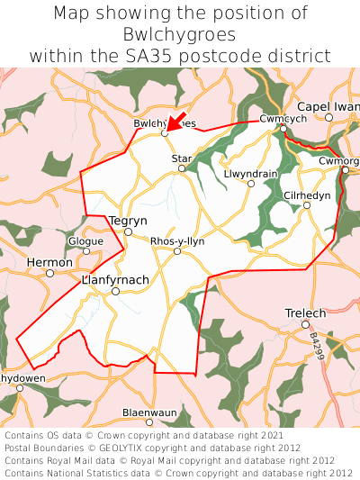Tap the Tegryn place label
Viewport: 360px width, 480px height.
click(x=127, y=220)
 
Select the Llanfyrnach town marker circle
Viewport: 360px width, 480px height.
click(x=115, y=291)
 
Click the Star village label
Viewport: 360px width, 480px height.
click(x=182, y=158)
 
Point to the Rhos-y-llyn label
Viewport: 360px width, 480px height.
click(x=178, y=240)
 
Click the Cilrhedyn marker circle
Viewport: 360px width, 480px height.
click(x=307, y=206)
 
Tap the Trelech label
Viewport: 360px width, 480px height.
click(x=305, y=312)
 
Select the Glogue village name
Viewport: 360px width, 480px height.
click(x=85, y=240)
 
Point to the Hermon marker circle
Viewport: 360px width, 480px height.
click(x=50, y=273)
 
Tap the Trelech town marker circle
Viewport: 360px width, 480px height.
click(x=306, y=324)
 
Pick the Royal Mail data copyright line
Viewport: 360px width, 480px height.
click(x=178, y=459)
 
